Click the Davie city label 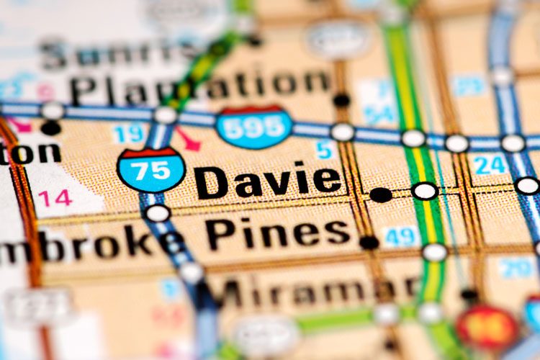268,181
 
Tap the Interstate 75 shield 151,170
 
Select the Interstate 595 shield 253,127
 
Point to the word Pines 277,233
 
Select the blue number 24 490,165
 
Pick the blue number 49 400,236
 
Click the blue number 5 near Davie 325,149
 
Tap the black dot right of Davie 381,194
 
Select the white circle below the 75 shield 157,213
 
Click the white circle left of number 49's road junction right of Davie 425,191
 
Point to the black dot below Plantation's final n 341,101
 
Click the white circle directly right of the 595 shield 343,132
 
